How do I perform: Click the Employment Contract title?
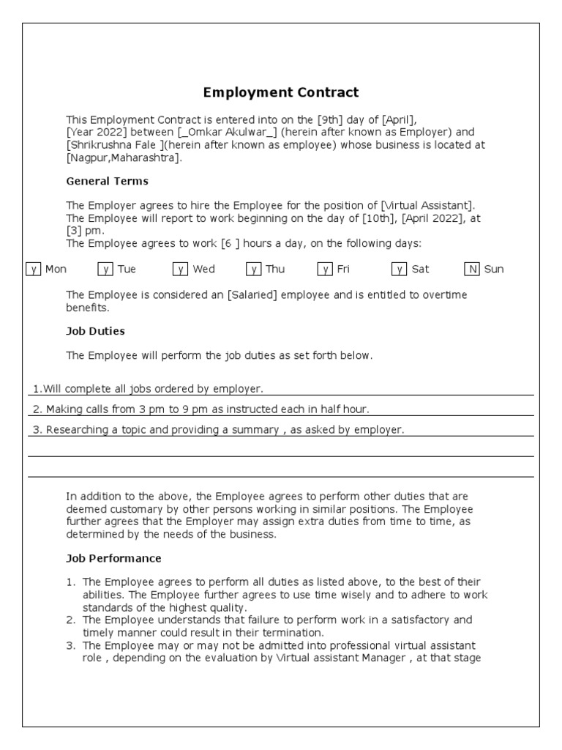(x=281, y=92)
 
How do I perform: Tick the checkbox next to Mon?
(x=33, y=269)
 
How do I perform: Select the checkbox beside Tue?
(x=105, y=269)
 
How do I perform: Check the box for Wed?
(x=181, y=269)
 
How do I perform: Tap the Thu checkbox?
(x=254, y=269)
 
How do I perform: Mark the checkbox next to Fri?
(x=325, y=269)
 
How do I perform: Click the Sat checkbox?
(x=399, y=269)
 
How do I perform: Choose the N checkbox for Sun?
(x=472, y=269)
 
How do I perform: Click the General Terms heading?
(x=107, y=181)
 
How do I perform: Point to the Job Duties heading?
(x=95, y=331)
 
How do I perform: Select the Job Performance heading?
(x=113, y=558)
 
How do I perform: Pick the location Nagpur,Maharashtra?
(x=122, y=157)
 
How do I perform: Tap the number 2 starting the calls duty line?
(x=36, y=409)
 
